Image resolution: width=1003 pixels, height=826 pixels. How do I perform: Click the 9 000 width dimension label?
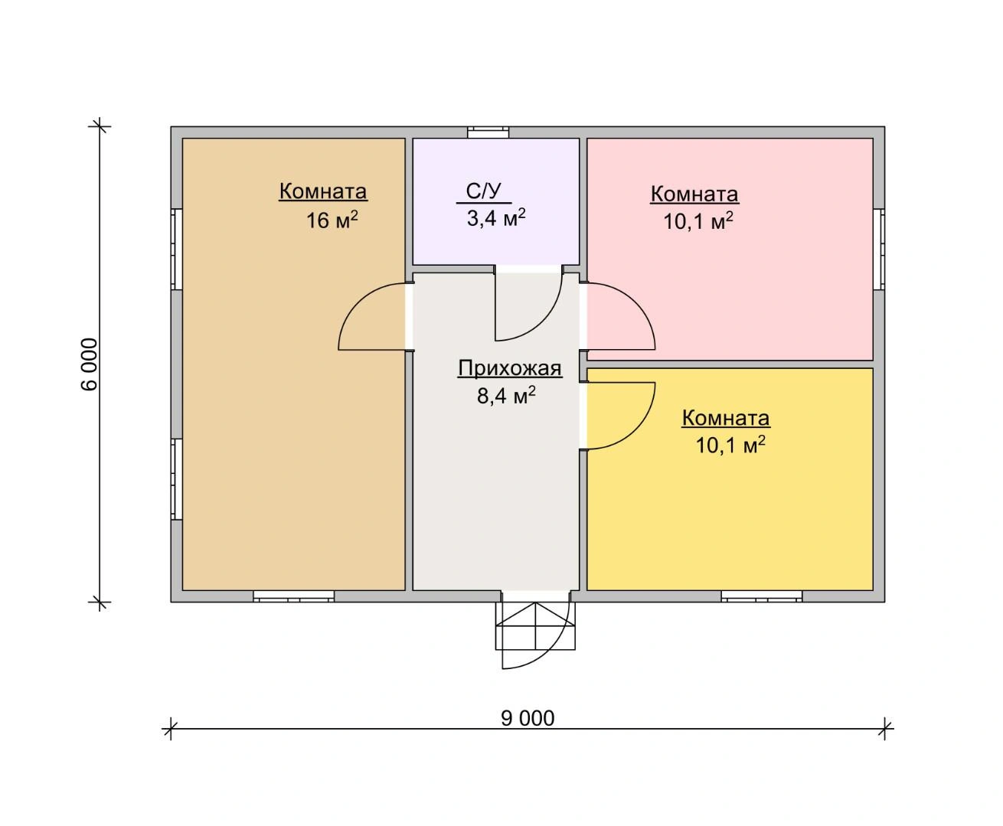point(528,718)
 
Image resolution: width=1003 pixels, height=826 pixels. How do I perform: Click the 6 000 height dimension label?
point(90,364)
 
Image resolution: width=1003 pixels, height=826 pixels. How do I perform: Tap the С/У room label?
point(483,191)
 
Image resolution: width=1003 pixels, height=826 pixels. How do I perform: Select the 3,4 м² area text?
point(496,218)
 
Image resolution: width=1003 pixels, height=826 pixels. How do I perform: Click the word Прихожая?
point(510,368)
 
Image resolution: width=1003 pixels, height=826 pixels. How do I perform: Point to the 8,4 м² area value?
point(506,395)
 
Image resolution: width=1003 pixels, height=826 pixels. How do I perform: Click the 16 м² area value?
point(332,220)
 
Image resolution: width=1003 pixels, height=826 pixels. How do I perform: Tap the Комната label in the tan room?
point(323,191)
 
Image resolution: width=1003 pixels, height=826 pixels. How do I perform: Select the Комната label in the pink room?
point(694,194)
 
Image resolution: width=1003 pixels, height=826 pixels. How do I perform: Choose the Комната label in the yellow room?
point(726,418)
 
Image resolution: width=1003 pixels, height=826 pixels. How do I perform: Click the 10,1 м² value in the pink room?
point(698,221)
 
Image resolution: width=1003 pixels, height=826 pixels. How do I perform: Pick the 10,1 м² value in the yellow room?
point(730,446)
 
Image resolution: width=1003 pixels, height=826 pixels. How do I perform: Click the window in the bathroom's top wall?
point(488,132)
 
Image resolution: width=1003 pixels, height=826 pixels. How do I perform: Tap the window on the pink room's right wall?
point(879,249)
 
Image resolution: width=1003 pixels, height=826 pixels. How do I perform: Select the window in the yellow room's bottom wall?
point(762,596)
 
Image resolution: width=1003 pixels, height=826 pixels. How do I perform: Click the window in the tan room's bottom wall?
point(293,596)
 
